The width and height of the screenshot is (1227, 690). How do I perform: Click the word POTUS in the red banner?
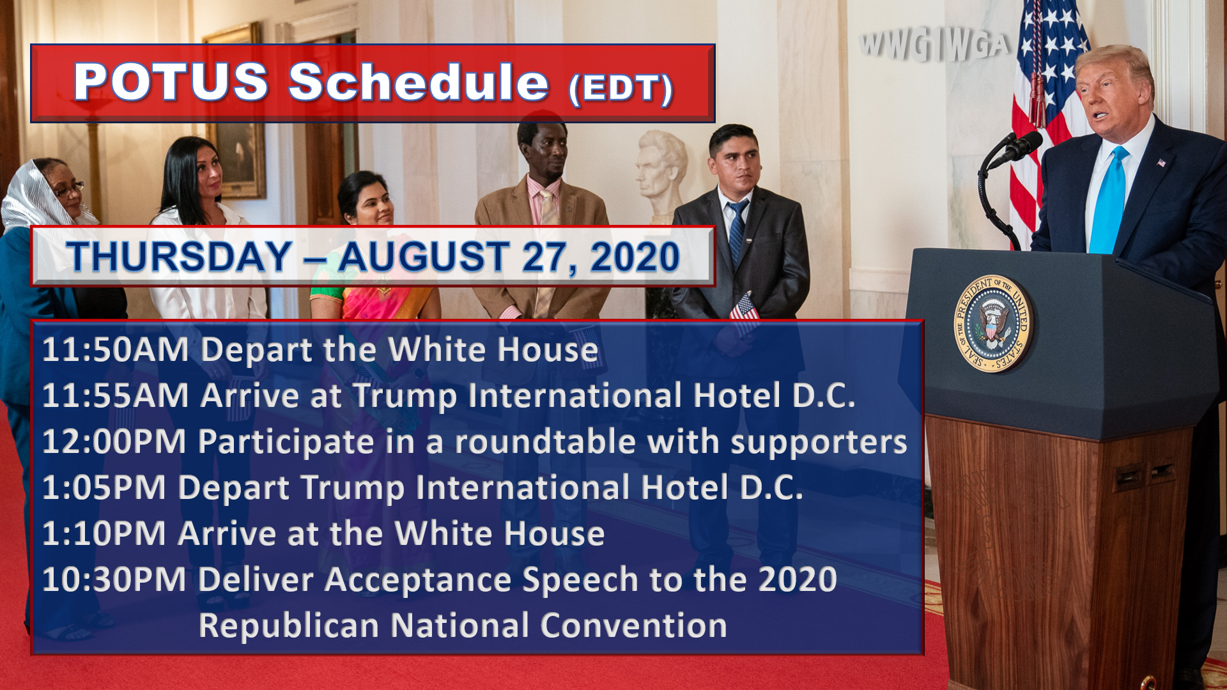point(171,82)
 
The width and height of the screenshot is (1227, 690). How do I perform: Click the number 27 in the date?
point(544,257)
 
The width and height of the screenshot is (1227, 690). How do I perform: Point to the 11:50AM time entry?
point(115,349)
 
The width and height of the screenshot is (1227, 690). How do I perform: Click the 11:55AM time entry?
point(115,395)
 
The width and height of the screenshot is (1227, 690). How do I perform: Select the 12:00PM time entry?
point(114,441)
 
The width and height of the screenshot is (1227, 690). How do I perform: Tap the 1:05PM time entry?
point(104,487)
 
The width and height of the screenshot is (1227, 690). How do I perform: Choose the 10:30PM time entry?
point(114,579)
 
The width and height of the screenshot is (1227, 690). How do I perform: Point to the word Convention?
point(633,625)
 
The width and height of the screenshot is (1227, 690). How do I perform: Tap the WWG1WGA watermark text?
point(935,45)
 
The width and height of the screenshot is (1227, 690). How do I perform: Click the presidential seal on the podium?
point(992,323)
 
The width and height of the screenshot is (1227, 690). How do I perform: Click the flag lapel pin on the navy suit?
point(1161,163)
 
